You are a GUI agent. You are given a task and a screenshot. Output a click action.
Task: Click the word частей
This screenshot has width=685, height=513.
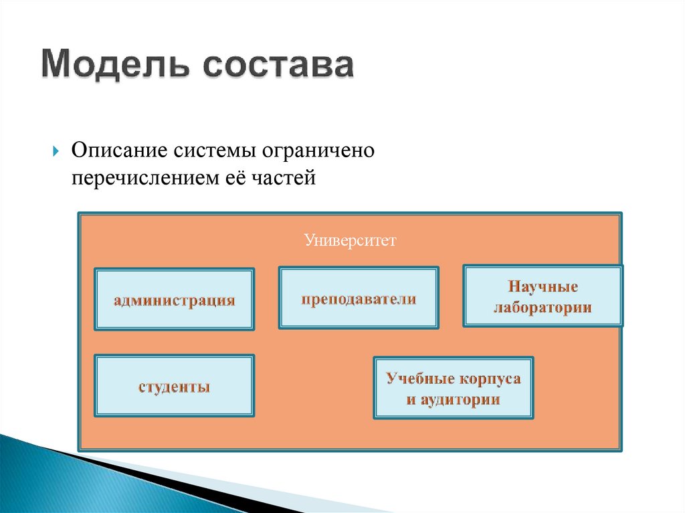click(278, 179)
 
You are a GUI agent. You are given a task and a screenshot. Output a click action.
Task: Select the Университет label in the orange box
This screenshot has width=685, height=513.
click(350, 239)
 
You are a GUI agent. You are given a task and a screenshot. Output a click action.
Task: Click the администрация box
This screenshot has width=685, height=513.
click(174, 300)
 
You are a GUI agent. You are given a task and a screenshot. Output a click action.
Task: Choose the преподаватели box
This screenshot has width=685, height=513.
click(359, 298)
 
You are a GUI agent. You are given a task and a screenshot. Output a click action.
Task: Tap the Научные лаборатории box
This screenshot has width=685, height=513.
click(543, 296)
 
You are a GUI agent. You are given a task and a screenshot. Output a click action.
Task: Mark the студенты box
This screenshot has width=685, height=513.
click(174, 386)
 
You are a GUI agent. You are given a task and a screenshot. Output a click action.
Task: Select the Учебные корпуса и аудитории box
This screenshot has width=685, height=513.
click(453, 388)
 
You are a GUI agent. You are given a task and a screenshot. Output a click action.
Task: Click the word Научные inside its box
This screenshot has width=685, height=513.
click(543, 286)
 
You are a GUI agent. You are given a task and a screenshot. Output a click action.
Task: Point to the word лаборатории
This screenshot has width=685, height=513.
click(543, 308)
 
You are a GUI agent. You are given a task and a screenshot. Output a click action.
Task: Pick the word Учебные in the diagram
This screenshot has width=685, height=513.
click(419, 379)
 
